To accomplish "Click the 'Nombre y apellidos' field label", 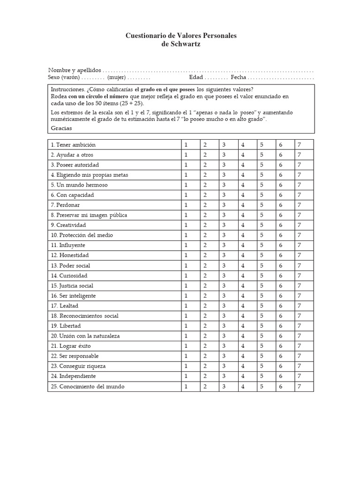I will (x=75, y=69).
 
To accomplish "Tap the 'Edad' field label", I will (x=196, y=77).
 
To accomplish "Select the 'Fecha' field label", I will (x=239, y=77).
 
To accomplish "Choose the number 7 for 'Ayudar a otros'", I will (x=299, y=155).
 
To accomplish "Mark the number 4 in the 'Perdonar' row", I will (x=243, y=205).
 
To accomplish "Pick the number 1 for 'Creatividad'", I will (x=186, y=225).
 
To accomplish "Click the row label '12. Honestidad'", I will (x=69, y=255).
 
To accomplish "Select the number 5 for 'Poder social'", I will (x=262, y=265).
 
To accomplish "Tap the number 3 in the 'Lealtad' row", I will (x=224, y=306).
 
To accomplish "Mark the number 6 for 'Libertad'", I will (x=280, y=326).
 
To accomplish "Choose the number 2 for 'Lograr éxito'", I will (x=205, y=346).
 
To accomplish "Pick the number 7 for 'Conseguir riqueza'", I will (x=299, y=366).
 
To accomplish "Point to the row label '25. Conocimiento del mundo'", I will (x=88, y=387).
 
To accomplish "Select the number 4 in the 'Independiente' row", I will (x=243, y=376).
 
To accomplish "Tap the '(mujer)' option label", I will (x=116, y=77).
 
